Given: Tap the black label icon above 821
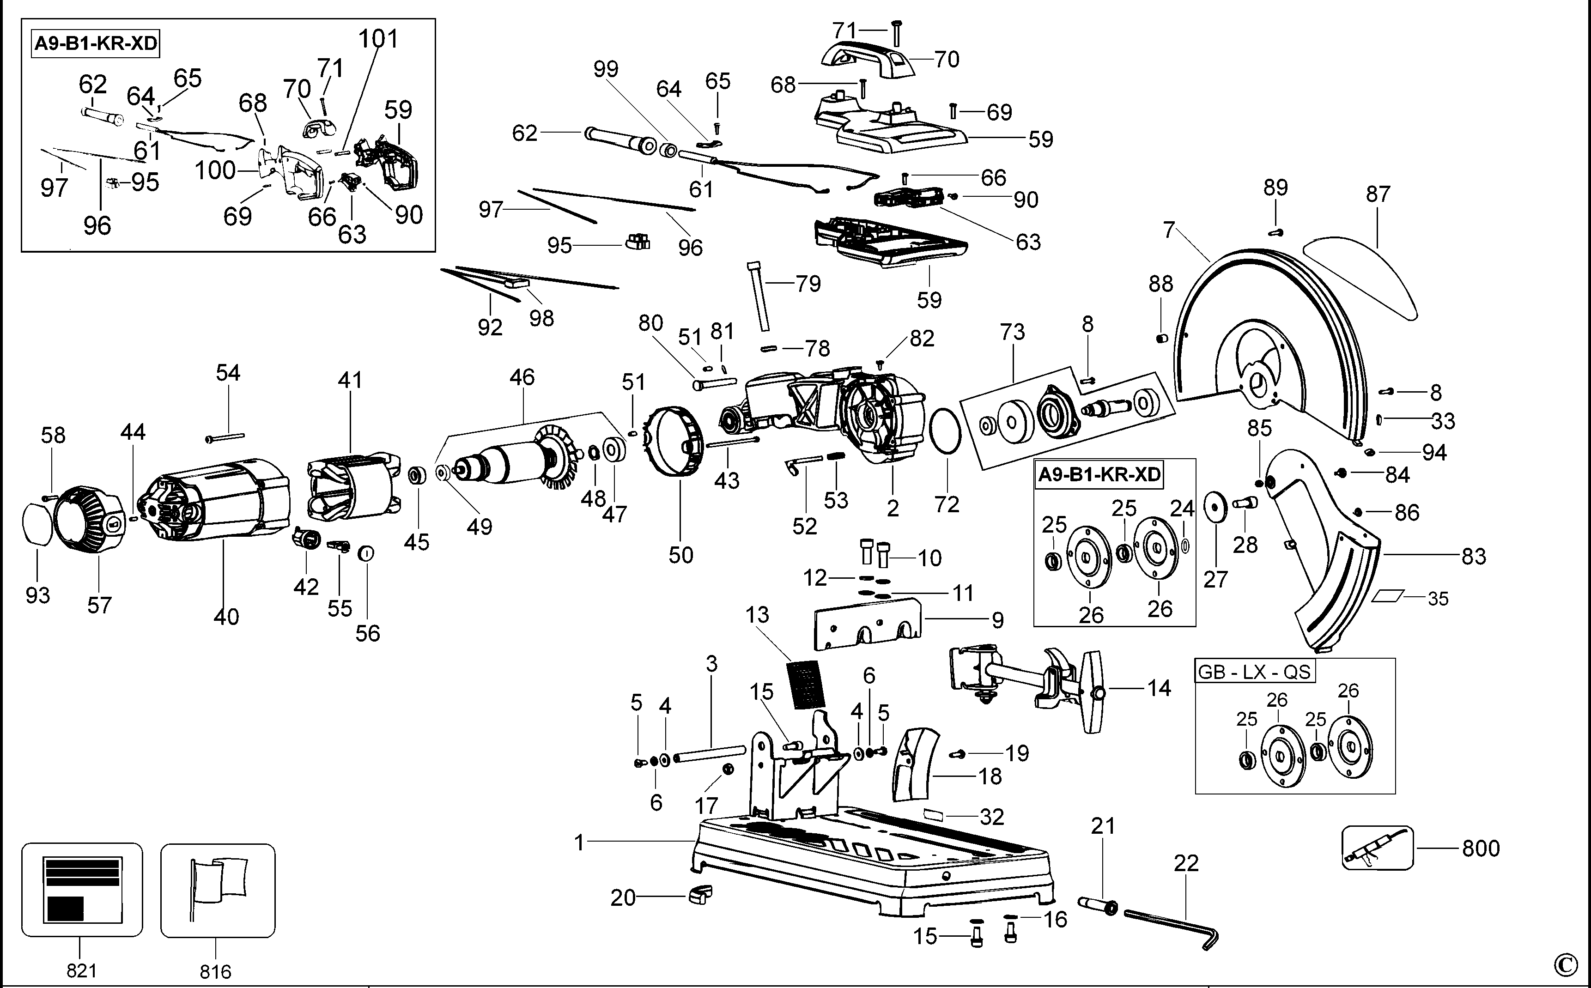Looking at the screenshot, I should pos(82,889).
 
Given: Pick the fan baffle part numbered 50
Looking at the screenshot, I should pos(676,444).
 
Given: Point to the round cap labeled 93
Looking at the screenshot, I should pos(38,523).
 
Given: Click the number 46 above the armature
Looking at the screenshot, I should pos(522,377).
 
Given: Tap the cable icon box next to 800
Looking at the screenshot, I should pos(1377,848).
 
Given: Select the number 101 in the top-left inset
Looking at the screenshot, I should pos(378,39).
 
